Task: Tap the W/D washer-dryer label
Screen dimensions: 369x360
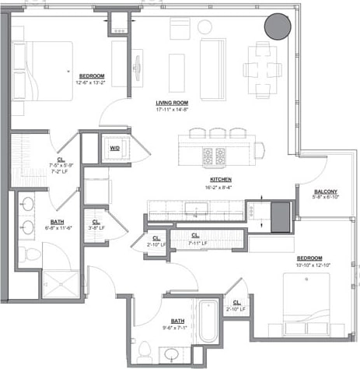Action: pos(114,148)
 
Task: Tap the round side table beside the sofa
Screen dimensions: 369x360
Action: pos(205,26)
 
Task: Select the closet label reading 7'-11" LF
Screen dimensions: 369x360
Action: pos(194,243)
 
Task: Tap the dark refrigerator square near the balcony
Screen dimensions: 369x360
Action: pos(278,212)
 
